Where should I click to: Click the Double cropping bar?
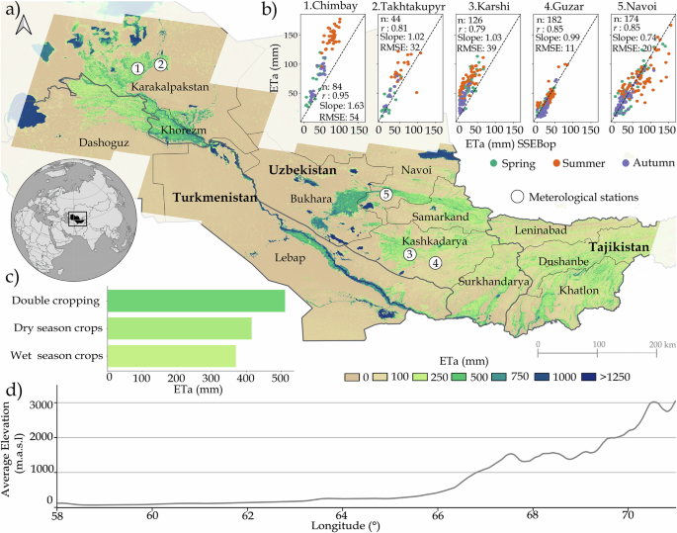tap(196, 300)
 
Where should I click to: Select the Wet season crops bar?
tap(171, 355)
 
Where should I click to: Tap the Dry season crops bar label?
tap(54, 327)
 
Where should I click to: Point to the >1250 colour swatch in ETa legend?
tap(588, 377)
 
